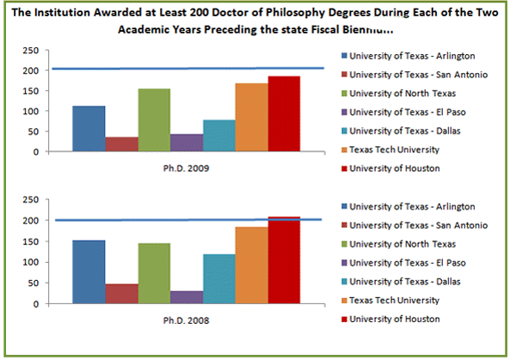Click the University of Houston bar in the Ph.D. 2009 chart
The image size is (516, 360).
click(x=284, y=114)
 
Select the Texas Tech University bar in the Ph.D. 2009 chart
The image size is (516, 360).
click(x=251, y=118)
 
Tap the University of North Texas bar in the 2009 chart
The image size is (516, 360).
click(x=154, y=120)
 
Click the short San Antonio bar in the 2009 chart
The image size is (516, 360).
click(x=121, y=144)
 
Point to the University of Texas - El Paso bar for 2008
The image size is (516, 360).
click(x=187, y=297)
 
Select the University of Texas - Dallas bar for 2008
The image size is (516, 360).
click(x=219, y=279)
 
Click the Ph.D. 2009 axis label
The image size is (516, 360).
click(x=187, y=168)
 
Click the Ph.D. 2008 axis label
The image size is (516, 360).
click(x=187, y=320)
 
